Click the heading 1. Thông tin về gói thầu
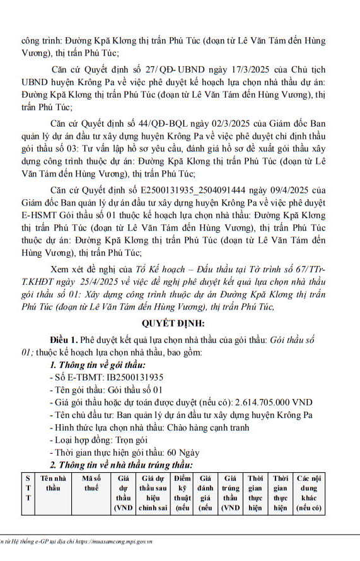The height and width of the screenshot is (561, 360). (97, 365)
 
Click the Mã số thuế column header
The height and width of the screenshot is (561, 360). (91, 483)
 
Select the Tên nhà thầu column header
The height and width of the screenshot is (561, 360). (53, 483)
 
